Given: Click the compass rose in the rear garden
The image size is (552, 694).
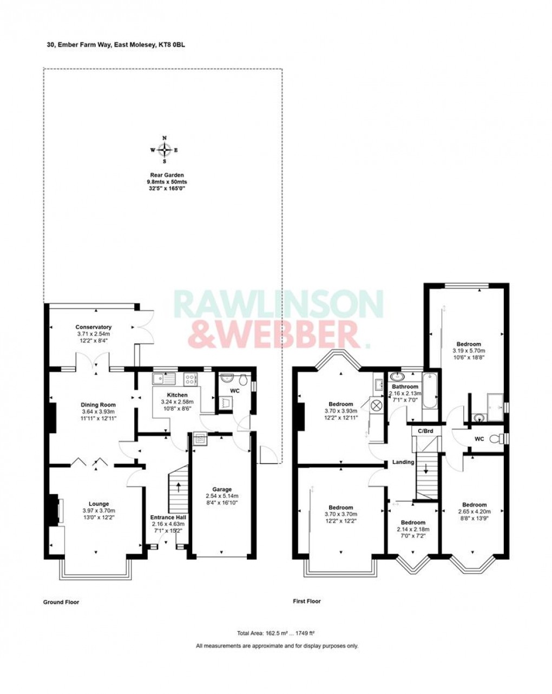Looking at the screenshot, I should (x=165, y=149).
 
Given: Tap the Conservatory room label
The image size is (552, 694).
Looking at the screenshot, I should (x=94, y=327).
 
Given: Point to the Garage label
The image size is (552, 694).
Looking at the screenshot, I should (x=222, y=489).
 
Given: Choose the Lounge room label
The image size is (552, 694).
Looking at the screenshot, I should (x=98, y=503).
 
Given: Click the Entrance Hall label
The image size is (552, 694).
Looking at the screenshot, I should (x=168, y=517).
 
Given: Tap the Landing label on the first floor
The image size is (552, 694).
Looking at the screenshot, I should (x=403, y=462).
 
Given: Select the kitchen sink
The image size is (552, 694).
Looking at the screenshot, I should (x=162, y=378).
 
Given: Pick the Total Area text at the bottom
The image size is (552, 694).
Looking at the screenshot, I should (x=276, y=633).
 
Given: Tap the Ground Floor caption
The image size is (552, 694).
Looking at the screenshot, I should (x=61, y=601).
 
